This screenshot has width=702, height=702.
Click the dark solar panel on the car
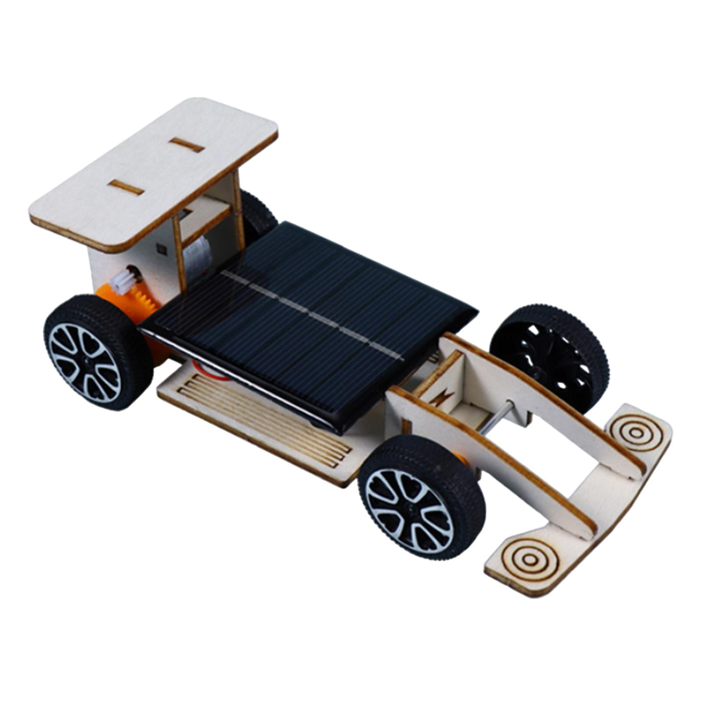[x=307, y=325]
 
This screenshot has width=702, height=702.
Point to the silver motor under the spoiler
[x=197, y=252]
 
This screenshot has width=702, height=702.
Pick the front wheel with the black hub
[x=551, y=355]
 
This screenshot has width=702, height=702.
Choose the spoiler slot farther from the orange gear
[x=187, y=144]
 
